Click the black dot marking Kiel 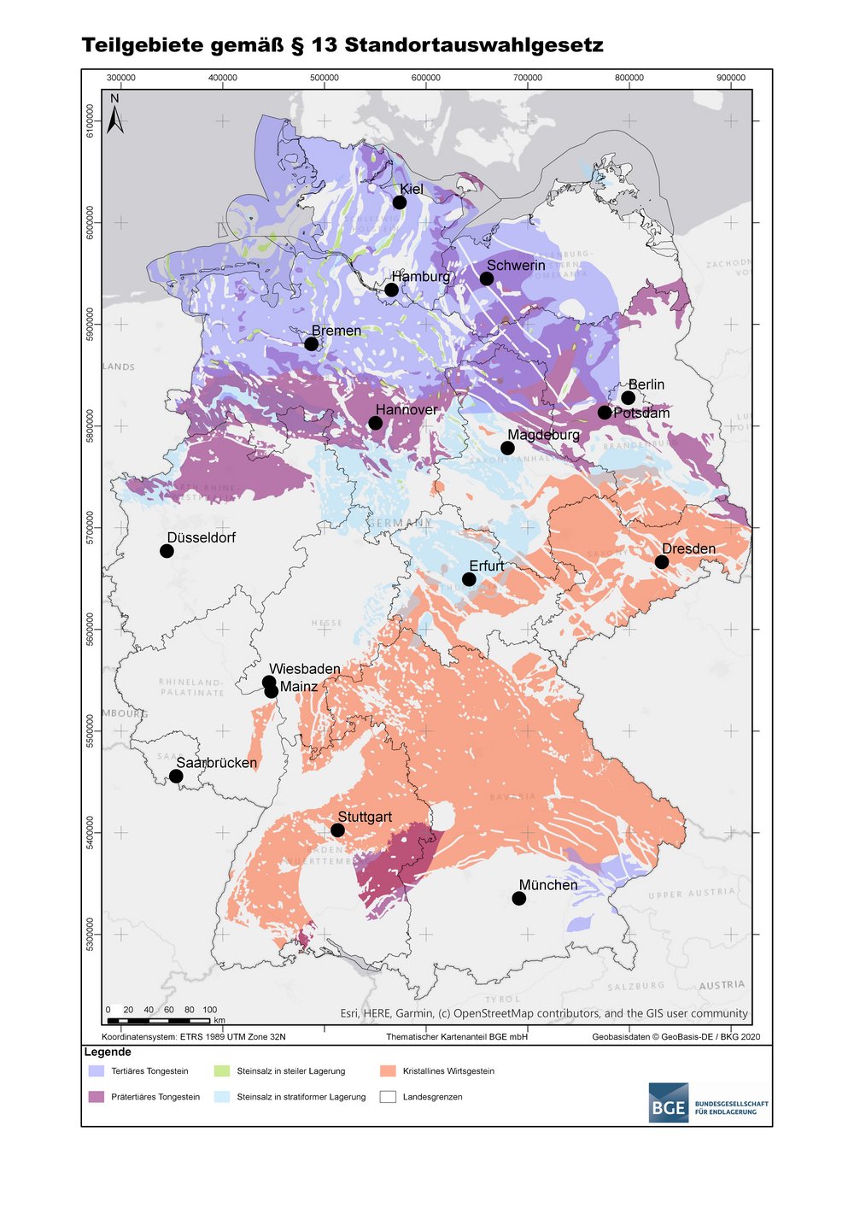coord(400,202)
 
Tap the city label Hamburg coord(421,277)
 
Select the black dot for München coord(519,898)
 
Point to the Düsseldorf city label coord(201,537)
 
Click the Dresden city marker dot coord(662,561)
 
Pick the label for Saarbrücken coord(216,763)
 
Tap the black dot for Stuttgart coord(337,830)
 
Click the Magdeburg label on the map coord(543,435)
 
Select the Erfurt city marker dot coord(469,579)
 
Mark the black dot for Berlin coord(629,398)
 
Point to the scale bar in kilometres coord(159,1020)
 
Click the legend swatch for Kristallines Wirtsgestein coord(389,1070)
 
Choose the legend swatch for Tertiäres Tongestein coord(97,1070)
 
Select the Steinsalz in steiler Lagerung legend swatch coord(222,1070)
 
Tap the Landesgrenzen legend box coord(389,1097)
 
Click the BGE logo coord(667,1102)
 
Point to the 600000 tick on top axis coord(426,78)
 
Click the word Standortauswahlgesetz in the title coord(474,45)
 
